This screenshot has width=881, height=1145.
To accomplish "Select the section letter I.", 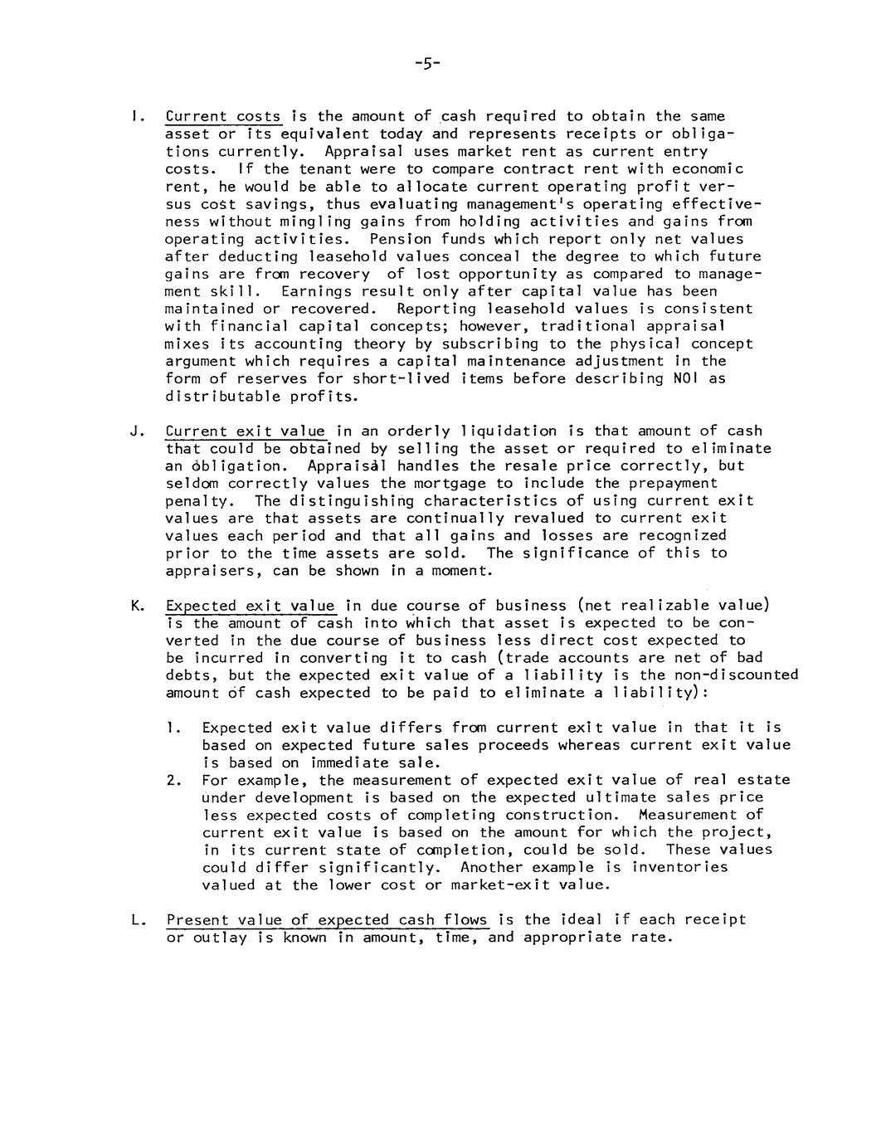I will [134, 117].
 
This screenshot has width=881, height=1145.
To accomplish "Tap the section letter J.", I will [134, 431].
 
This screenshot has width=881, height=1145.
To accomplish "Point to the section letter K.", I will [135, 607].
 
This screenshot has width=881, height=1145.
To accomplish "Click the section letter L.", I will [134, 920].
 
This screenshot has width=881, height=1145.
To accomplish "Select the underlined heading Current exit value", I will [246, 431].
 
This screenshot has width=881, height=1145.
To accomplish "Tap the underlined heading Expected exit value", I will [251, 607].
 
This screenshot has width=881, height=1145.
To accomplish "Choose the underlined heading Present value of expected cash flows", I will [327, 920].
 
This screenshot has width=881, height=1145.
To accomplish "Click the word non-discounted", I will [736, 675].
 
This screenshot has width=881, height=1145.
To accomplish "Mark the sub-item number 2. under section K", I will [173, 781].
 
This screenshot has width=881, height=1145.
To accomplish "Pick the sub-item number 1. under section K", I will [173, 728].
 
